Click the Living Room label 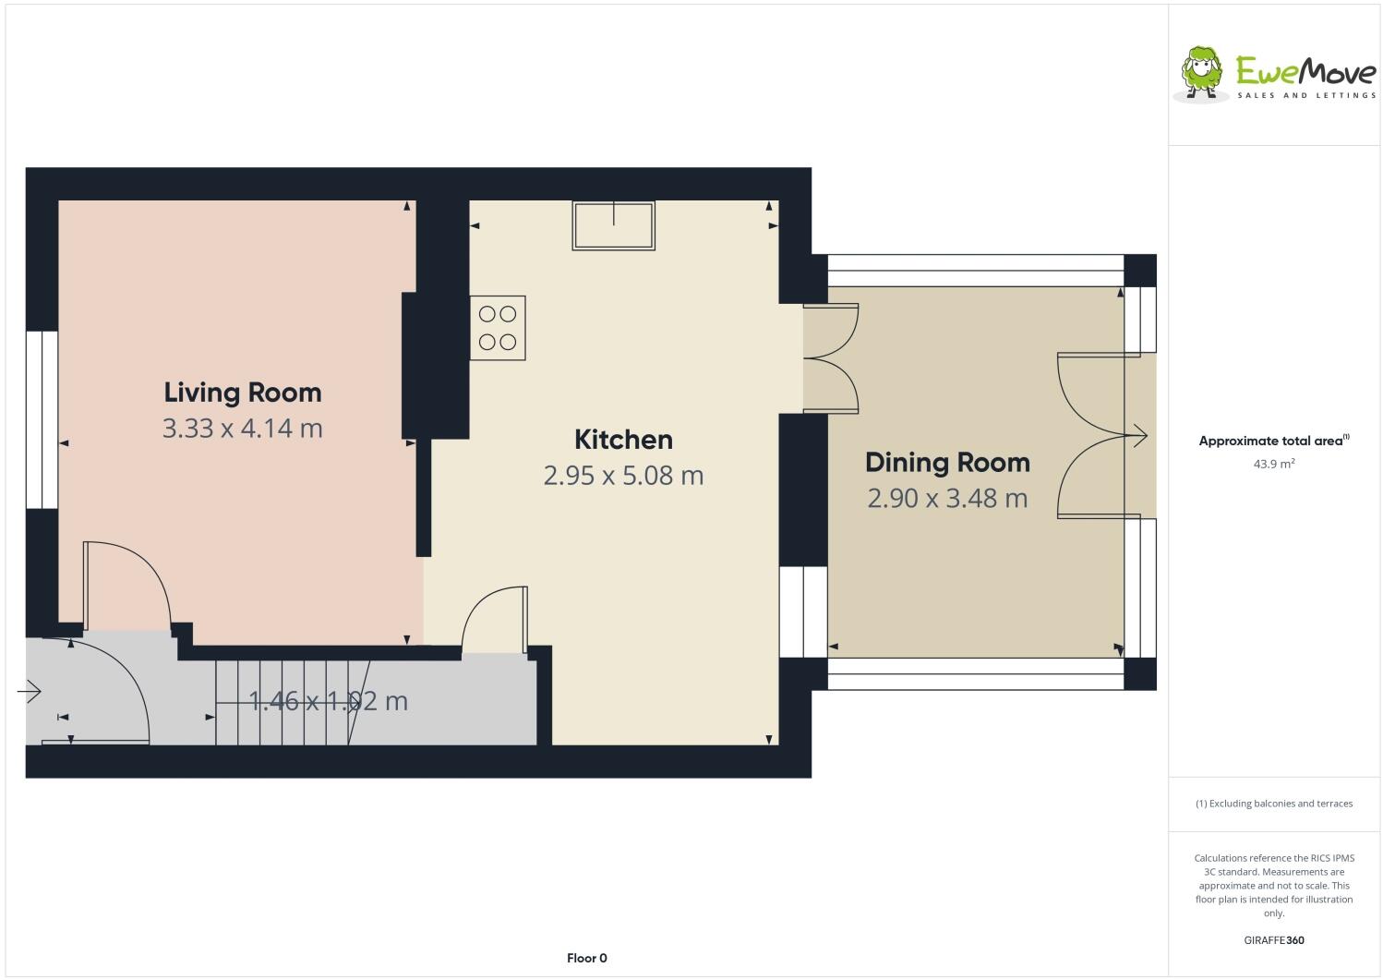point(243,393)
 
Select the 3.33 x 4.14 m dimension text point(243,429)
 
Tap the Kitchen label point(623,440)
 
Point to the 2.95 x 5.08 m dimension point(623,476)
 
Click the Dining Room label point(947,463)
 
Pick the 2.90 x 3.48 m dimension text point(947,499)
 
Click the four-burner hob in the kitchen point(498,328)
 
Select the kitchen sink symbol point(613,225)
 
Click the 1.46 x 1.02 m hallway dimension point(329,702)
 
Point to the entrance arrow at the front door point(30,691)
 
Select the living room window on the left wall point(41,419)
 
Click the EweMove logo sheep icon point(1202,72)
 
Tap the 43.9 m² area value point(1273,465)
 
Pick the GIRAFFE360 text point(1273,940)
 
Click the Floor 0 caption point(586,958)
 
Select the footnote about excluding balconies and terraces point(1273,804)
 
